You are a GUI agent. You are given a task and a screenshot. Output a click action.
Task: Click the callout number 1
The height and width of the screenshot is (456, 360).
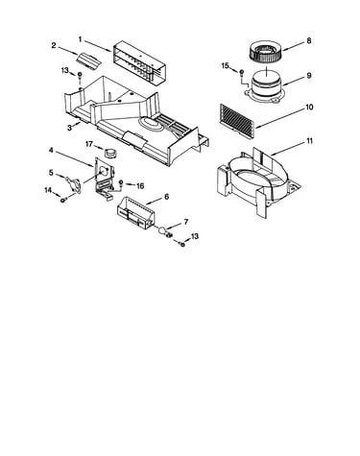point(80,39)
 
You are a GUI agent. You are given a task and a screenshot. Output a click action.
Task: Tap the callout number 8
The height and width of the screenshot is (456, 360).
point(308,40)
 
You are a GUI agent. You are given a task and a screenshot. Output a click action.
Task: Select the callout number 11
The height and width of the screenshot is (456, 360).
point(309,141)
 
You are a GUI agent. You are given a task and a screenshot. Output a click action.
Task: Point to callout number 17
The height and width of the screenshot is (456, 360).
point(89,144)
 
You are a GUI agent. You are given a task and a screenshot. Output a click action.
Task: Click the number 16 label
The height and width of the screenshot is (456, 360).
point(140,186)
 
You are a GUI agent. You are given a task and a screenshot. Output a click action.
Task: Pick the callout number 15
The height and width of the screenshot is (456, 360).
point(226,65)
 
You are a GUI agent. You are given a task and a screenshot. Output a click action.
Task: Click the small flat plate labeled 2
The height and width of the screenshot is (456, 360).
point(88,60)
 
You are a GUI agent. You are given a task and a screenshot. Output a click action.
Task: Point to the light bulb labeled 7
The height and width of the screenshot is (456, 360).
point(164,231)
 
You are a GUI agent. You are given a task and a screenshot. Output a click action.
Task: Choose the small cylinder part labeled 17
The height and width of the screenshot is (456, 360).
point(111,153)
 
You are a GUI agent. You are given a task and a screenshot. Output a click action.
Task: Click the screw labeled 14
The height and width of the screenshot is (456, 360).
point(63,200)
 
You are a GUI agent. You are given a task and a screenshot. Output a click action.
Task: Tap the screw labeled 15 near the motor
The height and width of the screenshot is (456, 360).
point(242,72)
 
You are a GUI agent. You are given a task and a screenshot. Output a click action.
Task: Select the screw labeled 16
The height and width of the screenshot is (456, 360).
point(121,183)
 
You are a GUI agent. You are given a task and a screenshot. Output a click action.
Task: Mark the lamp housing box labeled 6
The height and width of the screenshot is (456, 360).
point(136,214)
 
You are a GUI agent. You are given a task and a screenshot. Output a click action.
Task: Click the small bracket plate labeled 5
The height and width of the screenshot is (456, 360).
point(73,185)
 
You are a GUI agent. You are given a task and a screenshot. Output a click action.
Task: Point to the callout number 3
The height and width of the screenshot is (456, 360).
point(69,128)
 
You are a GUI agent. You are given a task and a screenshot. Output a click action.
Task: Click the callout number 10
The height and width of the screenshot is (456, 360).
point(309,107)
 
